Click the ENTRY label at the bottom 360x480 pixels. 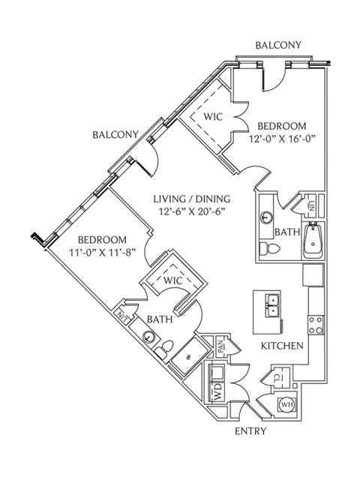pyautogui.click(x=250, y=431)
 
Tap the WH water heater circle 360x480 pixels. pyautogui.click(x=286, y=404)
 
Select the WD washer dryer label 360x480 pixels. pyautogui.click(x=217, y=392)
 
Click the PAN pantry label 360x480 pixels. pyautogui.click(x=222, y=346)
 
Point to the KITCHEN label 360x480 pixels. pyautogui.click(x=282, y=346)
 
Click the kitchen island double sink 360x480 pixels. pyautogui.click(x=271, y=306)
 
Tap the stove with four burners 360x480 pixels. pyautogui.click(x=316, y=325)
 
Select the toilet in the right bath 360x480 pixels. pyautogui.click(x=269, y=248)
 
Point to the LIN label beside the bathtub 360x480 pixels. pyautogui.click(x=311, y=205)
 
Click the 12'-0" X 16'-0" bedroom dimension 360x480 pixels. pyautogui.click(x=282, y=139)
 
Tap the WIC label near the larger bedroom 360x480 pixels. pyautogui.click(x=213, y=117)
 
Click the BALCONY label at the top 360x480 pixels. pyautogui.click(x=278, y=45)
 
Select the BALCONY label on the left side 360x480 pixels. pyautogui.click(x=115, y=135)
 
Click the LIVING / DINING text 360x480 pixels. pyautogui.click(x=192, y=199)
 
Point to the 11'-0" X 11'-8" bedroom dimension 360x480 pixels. pyautogui.click(x=102, y=253)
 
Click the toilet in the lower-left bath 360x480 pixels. pyautogui.click(x=164, y=349)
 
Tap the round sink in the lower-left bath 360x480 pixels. pyautogui.click(x=149, y=337)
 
